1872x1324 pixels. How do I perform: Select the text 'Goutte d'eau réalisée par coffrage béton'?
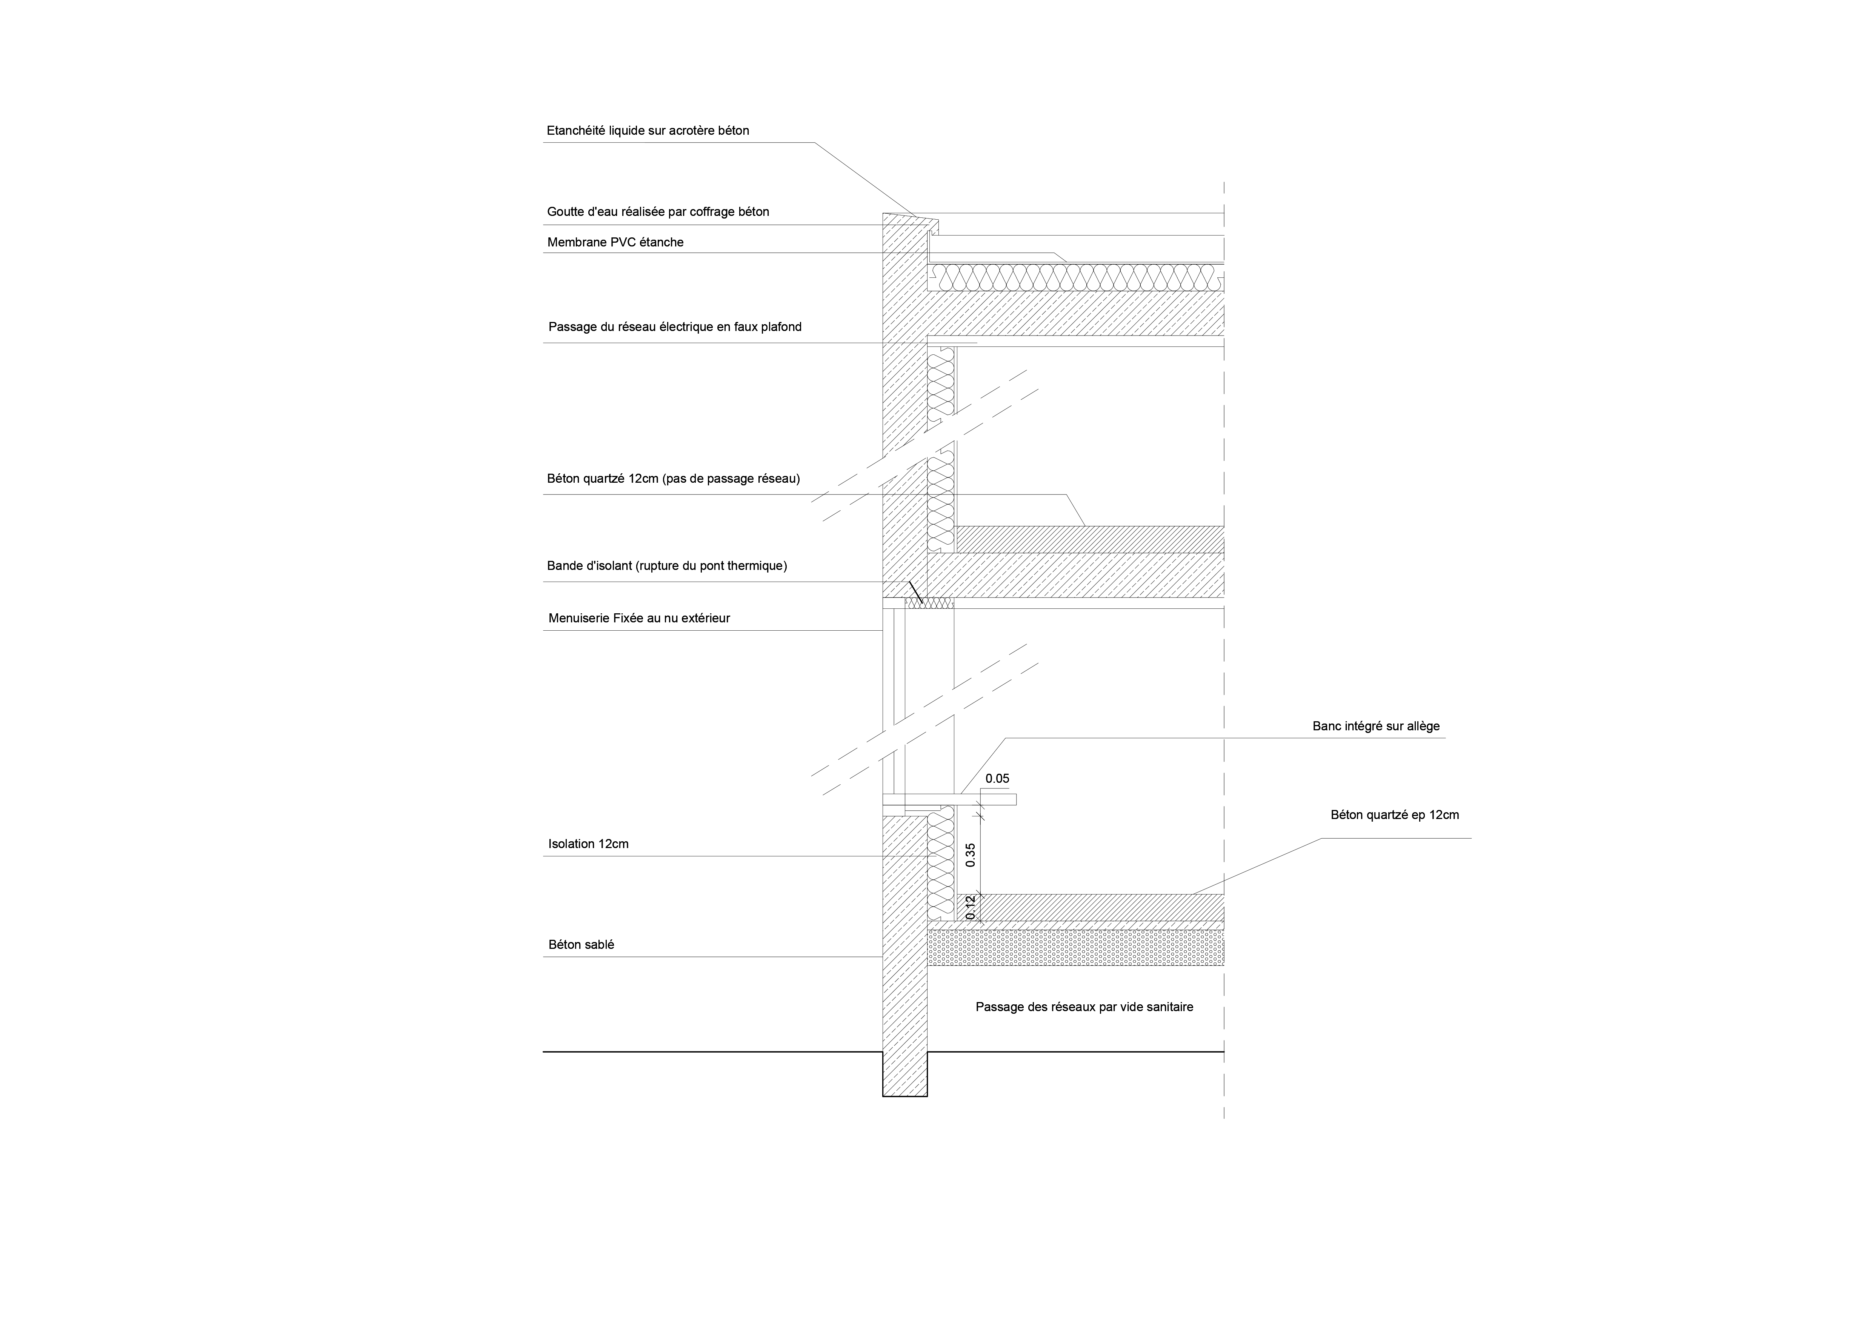pyautogui.click(x=658, y=212)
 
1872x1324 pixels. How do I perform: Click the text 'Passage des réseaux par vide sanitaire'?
pyautogui.click(x=1084, y=1007)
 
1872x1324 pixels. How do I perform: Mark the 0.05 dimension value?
pyautogui.click(x=997, y=779)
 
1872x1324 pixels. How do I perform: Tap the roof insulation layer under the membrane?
pyautogui.click(x=1076, y=277)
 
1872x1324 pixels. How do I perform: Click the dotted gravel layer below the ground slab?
pyautogui.click(x=1076, y=947)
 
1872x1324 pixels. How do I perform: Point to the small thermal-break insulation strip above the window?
pyautogui.click(x=929, y=603)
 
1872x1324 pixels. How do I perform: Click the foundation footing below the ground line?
pyautogui.click(x=905, y=1074)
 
